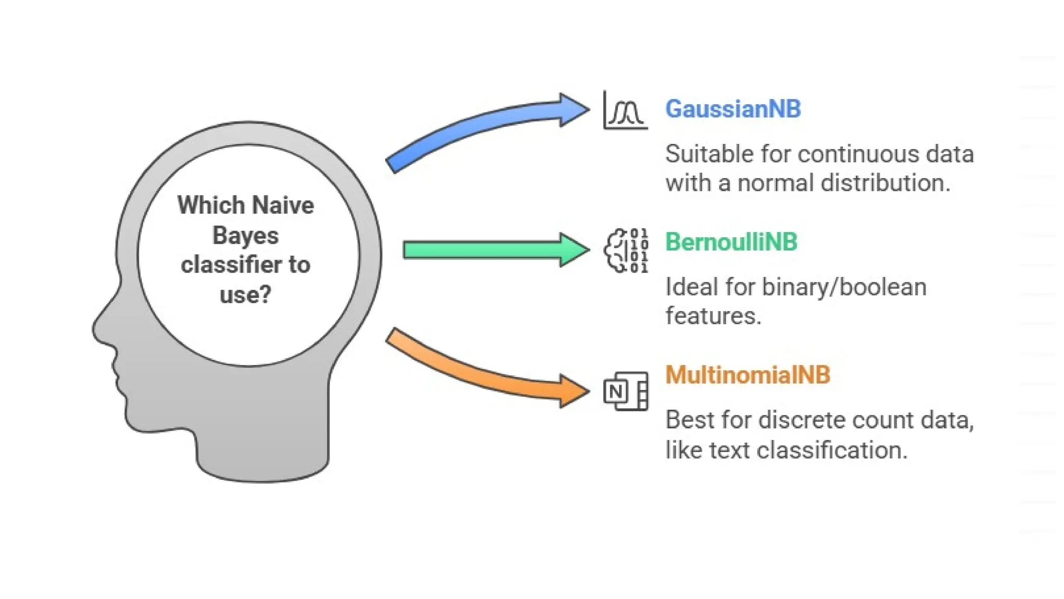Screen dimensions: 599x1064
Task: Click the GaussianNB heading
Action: pyautogui.click(x=733, y=109)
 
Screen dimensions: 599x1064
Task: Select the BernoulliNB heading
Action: pyautogui.click(x=731, y=242)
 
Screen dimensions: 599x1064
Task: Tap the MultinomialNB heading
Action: pyautogui.click(x=748, y=375)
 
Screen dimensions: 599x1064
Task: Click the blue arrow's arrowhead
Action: pyautogui.click(x=575, y=109)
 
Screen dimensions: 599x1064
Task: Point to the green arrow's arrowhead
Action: pyautogui.click(x=575, y=250)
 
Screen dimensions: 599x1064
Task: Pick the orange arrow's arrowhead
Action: pyautogui.click(x=575, y=390)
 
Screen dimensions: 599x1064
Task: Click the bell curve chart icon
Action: pyautogui.click(x=626, y=110)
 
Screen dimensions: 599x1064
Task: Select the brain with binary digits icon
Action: pyautogui.click(x=626, y=251)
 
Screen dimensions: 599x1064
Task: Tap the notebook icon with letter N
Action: pyautogui.click(x=626, y=391)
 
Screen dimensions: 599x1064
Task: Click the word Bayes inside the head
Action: pyautogui.click(x=245, y=236)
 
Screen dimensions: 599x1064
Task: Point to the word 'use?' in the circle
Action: pyautogui.click(x=245, y=295)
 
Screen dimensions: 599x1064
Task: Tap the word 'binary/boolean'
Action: pyautogui.click(x=844, y=288)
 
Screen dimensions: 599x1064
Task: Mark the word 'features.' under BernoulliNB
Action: pyautogui.click(x=713, y=316)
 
